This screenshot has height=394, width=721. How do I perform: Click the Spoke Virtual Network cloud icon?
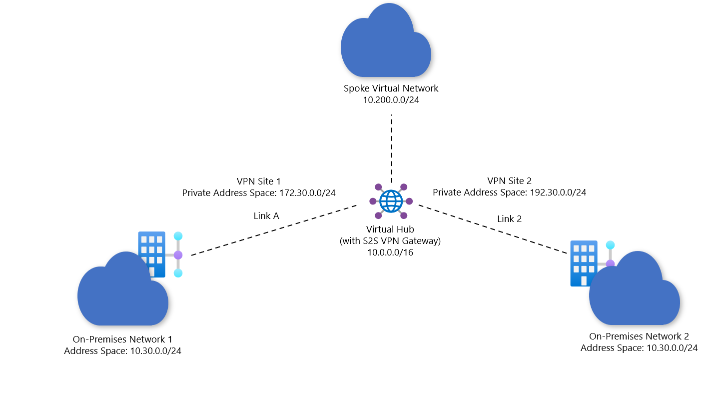pyautogui.click(x=386, y=45)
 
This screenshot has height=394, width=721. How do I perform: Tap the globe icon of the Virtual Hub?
pyautogui.click(x=391, y=201)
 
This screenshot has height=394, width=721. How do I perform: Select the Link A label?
pyautogui.click(x=266, y=216)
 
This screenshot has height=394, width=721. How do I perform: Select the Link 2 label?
pyautogui.click(x=509, y=218)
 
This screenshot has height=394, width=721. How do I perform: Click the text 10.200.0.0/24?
pyautogui.click(x=391, y=100)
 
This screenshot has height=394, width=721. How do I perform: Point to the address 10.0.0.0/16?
pyautogui.click(x=390, y=252)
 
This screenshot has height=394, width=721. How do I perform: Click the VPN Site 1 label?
pyautogui.click(x=258, y=180)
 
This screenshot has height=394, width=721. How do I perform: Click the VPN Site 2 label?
pyautogui.click(x=509, y=180)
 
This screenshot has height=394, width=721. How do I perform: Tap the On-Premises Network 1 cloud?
pyautogui.click(x=122, y=292)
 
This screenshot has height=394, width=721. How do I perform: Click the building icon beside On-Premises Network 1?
pyautogui.click(x=152, y=250)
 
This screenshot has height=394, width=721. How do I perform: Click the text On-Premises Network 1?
pyautogui.click(x=122, y=339)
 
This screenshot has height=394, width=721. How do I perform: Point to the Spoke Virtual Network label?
pyautogui.click(x=391, y=88)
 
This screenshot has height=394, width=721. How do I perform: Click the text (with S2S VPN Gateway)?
pyautogui.click(x=390, y=241)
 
